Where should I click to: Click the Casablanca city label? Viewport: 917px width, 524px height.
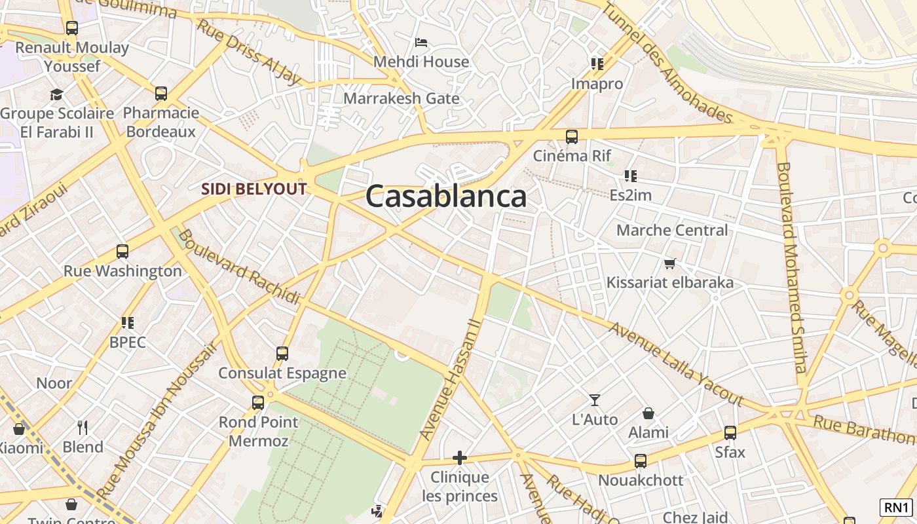[x=446, y=196]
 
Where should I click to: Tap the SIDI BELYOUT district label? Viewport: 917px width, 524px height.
[x=253, y=189]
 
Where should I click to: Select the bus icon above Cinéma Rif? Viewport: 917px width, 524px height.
[x=572, y=137]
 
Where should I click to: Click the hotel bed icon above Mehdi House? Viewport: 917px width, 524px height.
[x=421, y=43]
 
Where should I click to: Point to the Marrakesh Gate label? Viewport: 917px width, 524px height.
[x=402, y=99]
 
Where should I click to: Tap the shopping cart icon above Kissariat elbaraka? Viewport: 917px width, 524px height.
[x=669, y=264]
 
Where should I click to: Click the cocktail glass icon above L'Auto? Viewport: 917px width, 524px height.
[x=595, y=400]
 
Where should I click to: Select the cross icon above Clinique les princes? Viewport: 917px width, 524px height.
[x=460, y=457]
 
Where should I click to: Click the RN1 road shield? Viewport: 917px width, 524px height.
[x=897, y=507]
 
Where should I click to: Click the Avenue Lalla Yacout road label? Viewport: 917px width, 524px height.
[x=676, y=364]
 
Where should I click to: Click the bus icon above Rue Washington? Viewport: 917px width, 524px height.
[x=122, y=251]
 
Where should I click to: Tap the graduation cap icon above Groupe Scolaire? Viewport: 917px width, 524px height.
[x=57, y=94]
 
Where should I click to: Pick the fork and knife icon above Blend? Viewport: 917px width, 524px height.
[x=83, y=428]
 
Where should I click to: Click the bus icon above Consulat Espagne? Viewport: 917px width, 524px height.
[x=282, y=354]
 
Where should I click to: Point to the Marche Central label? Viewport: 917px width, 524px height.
[x=672, y=231]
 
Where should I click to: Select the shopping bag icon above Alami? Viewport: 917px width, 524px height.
[x=648, y=413]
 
